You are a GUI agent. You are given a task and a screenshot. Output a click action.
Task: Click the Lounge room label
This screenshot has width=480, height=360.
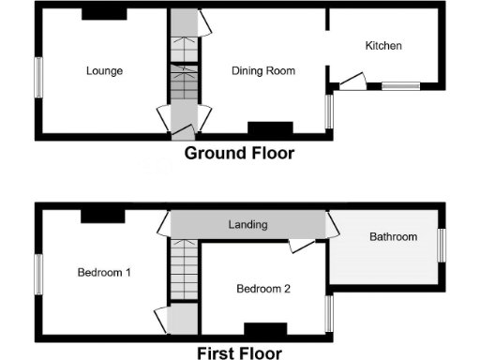(104, 70)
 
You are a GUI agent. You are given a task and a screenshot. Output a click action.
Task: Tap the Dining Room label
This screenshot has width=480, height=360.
(263, 70)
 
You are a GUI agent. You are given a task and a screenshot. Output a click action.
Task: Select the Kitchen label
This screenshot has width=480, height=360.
(383, 45)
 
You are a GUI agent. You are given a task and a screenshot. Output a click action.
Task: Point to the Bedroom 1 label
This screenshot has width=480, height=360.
(103, 273)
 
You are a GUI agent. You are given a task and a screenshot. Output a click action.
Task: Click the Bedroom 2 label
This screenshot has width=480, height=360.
(262, 289)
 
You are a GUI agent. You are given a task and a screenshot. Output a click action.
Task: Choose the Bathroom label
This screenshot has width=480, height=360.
(393, 237)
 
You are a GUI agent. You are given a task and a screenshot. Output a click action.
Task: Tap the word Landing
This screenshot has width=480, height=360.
(247, 225)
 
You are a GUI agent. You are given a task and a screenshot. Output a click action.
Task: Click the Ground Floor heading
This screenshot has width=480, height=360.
(239, 153)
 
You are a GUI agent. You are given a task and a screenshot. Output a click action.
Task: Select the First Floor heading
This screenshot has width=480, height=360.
(238, 352)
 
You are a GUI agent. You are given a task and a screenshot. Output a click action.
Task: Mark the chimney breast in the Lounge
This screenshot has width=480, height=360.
(103, 14)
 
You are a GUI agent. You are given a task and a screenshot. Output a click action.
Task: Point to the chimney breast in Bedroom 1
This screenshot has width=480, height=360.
(102, 216)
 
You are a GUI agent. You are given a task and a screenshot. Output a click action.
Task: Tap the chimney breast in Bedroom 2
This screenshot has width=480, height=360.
(264, 328)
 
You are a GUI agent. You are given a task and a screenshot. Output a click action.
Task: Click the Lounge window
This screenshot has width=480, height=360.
(39, 76)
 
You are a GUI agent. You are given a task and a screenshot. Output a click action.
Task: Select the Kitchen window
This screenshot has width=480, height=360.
(400, 87)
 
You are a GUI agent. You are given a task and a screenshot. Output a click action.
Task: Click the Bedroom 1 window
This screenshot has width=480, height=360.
(39, 278)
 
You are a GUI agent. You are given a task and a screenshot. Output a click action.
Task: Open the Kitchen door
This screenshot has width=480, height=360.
(352, 82)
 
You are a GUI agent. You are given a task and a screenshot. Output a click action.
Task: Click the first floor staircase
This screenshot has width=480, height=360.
(183, 271)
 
